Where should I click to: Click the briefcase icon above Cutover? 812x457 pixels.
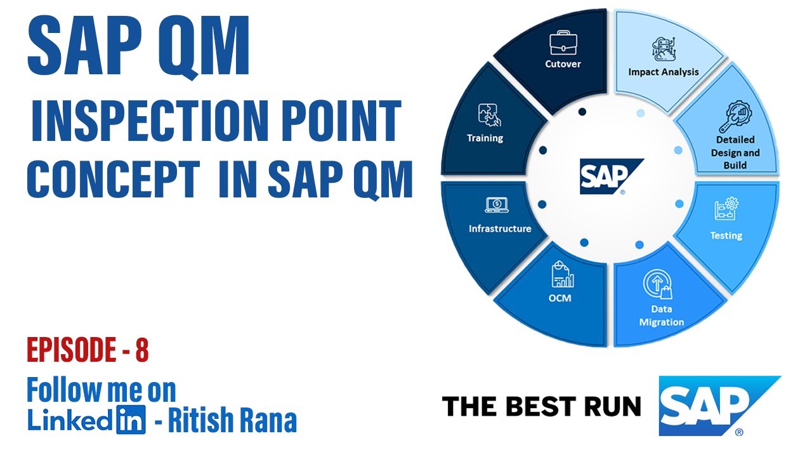(x=563, y=44)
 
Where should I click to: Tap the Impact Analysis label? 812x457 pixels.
(x=663, y=72)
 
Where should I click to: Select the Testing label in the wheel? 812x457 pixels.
(x=726, y=235)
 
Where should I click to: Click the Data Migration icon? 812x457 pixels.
(x=657, y=285)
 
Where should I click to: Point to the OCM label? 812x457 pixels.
(x=559, y=297)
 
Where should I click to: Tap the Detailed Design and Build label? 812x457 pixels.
(x=735, y=152)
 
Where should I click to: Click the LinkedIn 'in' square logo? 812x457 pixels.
(x=131, y=420)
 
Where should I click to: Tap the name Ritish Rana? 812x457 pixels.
(x=233, y=420)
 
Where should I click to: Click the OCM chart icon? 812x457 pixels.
(x=561, y=274)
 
